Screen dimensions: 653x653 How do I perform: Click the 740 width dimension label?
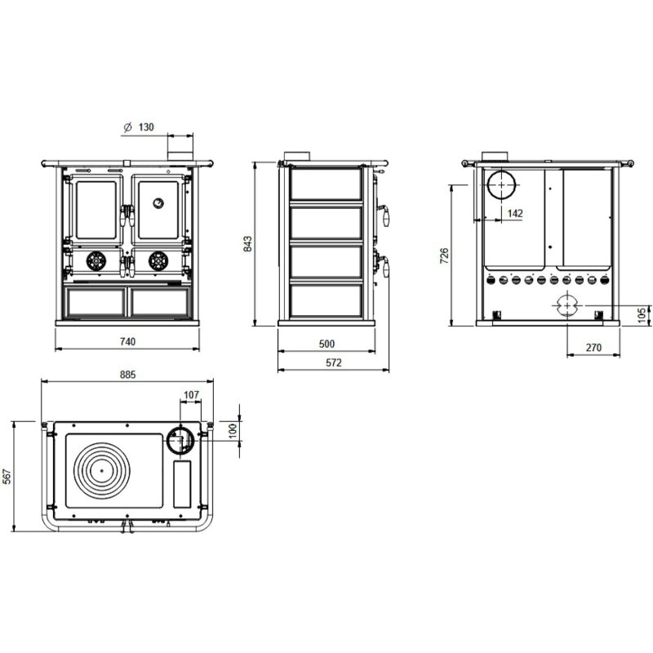tap(127, 341)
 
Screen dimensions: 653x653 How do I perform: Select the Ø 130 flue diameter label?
tap(138, 128)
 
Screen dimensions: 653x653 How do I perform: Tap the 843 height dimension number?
tap(248, 243)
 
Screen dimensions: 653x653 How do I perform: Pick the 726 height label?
tap(444, 255)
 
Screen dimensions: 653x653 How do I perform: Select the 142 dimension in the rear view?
tap(514, 213)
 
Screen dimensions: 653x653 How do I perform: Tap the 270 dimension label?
tap(593, 348)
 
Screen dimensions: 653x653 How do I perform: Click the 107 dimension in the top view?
tap(190, 395)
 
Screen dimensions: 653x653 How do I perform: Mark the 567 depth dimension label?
tap(7, 477)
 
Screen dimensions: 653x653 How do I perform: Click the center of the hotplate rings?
tap(100, 470)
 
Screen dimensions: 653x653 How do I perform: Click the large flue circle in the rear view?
tap(501, 186)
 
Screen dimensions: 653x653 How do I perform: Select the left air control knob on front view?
tap(96, 260)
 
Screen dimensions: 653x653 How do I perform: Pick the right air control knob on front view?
tap(157, 260)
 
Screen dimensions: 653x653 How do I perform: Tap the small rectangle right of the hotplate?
tap(182, 482)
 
